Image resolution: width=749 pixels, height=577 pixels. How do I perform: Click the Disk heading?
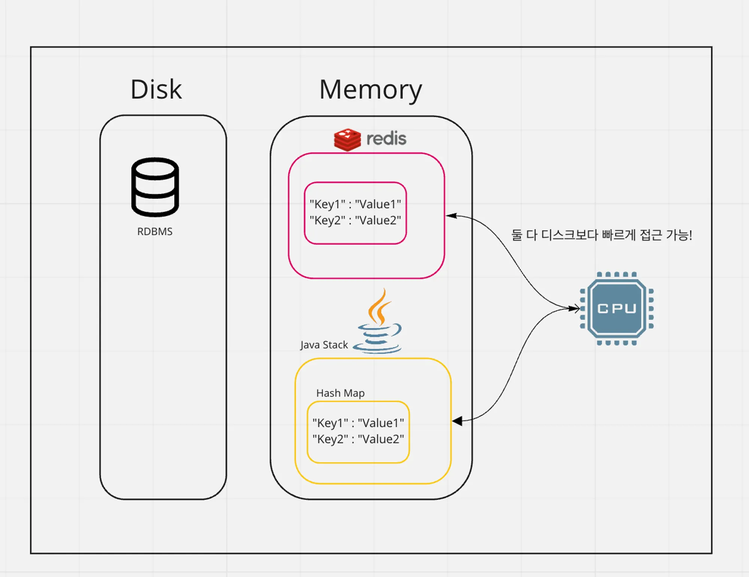tap(156, 90)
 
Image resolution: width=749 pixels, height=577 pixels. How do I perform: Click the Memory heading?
tap(370, 90)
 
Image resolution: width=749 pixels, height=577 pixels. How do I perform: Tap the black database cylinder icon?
tap(155, 187)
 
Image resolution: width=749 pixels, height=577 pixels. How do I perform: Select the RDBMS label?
tap(155, 231)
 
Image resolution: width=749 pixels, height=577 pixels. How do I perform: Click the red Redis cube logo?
tap(347, 139)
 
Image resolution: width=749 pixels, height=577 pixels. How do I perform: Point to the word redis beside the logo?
tap(386, 139)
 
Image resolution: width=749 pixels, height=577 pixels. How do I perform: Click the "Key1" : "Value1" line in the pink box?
tap(355, 204)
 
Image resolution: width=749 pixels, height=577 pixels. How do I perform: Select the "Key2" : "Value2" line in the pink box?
tap(355, 220)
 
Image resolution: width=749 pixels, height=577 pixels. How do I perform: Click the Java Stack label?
tap(324, 345)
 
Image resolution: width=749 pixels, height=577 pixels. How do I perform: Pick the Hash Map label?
tap(340, 393)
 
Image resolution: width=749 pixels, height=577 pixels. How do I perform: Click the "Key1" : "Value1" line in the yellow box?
tap(358, 423)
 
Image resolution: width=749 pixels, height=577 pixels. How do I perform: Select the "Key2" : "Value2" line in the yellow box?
tap(358, 439)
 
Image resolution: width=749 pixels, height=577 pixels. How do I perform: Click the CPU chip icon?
tap(617, 309)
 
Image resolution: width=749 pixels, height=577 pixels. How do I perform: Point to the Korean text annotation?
tap(601, 235)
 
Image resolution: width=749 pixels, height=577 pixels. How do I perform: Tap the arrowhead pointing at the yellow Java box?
tap(457, 421)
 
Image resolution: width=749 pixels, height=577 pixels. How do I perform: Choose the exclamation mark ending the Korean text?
tap(690, 235)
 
